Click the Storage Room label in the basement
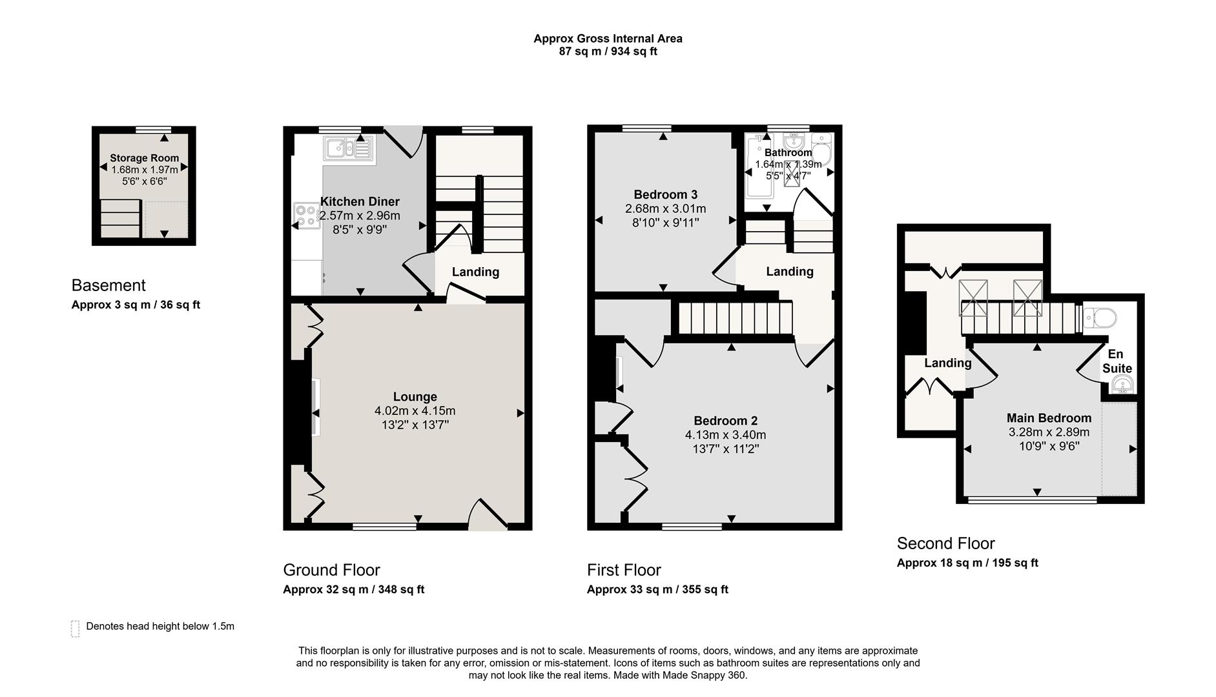[144, 158]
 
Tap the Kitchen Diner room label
[360, 202]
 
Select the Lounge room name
[415, 397]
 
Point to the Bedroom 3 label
[665, 195]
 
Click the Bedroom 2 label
[725, 421]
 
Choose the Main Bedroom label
[1049, 418]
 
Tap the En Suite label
[1117, 361]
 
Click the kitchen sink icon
[348, 148]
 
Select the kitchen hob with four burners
[307, 216]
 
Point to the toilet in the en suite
[1100, 317]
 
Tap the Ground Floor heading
[331, 570]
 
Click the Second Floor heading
[945, 543]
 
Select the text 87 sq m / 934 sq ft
[608, 52]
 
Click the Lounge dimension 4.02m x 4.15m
[415, 411]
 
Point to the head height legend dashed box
[75, 629]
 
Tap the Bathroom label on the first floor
[788, 153]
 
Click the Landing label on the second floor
[947, 363]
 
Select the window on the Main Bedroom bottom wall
[1032, 500]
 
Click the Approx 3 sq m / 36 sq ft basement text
[136, 305]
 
